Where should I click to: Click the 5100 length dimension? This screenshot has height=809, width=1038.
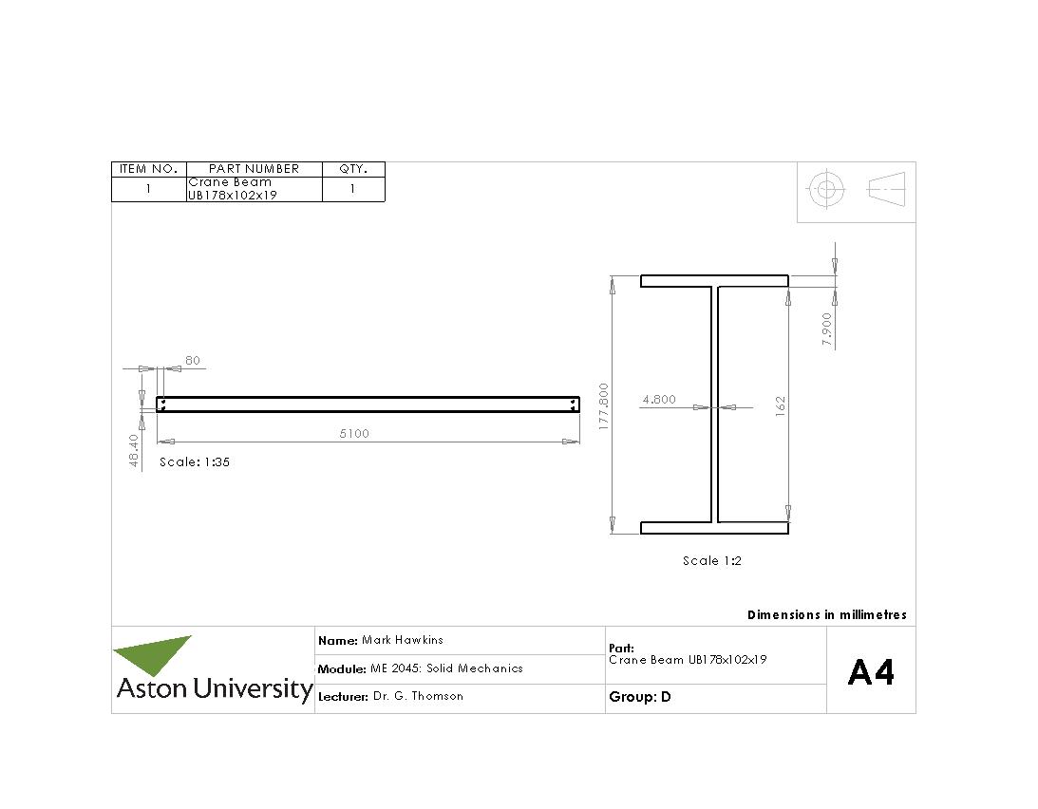pos(354,434)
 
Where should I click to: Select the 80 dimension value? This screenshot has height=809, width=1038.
pos(193,361)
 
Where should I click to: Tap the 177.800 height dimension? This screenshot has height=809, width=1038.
pos(603,407)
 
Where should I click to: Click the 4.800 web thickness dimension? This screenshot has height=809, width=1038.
pos(659,400)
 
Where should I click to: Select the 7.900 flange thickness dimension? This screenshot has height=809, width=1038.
pos(827,329)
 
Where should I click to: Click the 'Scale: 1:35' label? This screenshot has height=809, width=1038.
pos(195,462)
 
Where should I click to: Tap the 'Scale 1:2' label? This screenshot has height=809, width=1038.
pos(712,561)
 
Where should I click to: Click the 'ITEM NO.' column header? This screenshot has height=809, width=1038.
pos(149,169)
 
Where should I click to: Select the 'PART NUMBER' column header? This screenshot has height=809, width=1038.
pos(254,169)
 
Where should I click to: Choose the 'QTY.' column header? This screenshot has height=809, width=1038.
pos(353,169)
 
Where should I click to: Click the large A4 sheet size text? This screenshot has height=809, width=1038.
pos(871,673)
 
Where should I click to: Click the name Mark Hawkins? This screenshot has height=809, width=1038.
pos(402,640)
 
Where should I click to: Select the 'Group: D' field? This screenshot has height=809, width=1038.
pos(640,697)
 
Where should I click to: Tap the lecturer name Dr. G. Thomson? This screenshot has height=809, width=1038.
pos(418,696)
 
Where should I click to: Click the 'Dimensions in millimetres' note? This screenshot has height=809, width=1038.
pos(826,615)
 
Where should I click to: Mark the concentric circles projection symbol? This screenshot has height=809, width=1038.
pos(826,190)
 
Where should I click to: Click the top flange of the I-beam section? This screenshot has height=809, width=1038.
pos(714,280)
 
